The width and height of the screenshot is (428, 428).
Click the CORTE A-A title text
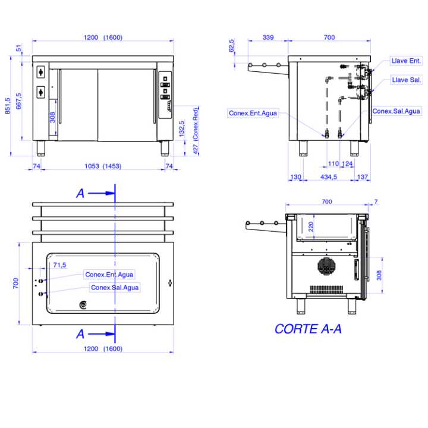[x=308, y=329]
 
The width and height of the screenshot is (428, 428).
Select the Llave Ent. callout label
[x=406, y=61]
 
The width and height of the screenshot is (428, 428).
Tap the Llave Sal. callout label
[x=407, y=80]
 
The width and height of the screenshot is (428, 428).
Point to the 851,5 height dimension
[x=7, y=106]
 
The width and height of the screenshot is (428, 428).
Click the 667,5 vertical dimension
[x=18, y=101]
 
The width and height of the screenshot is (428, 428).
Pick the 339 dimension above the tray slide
[x=268, y=37]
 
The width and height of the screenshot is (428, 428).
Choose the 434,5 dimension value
[x=329, y=177]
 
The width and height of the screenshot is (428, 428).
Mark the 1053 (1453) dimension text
[x=103, y=166]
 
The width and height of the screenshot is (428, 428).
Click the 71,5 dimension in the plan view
[x=59, y=265]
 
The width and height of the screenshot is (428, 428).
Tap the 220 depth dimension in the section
[x=311, y=226]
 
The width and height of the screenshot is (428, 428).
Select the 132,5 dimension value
[x=181, y=128]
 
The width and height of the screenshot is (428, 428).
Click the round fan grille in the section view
[x=326, y=266]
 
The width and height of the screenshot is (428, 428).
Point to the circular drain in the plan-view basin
[x=83, y=304]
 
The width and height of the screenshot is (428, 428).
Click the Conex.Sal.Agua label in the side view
[x=396, y=111]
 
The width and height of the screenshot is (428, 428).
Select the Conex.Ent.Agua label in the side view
[x=253, y=113]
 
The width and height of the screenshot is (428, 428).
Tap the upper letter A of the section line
[x=80, y=193]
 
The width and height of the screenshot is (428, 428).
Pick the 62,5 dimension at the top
[x=231, y=46]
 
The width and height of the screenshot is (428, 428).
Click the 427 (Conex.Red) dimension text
[x=196, y=131]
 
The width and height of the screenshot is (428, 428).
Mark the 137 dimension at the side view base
[x=363, y=177]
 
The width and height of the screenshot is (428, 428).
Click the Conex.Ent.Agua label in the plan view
[x=109, y=275]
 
